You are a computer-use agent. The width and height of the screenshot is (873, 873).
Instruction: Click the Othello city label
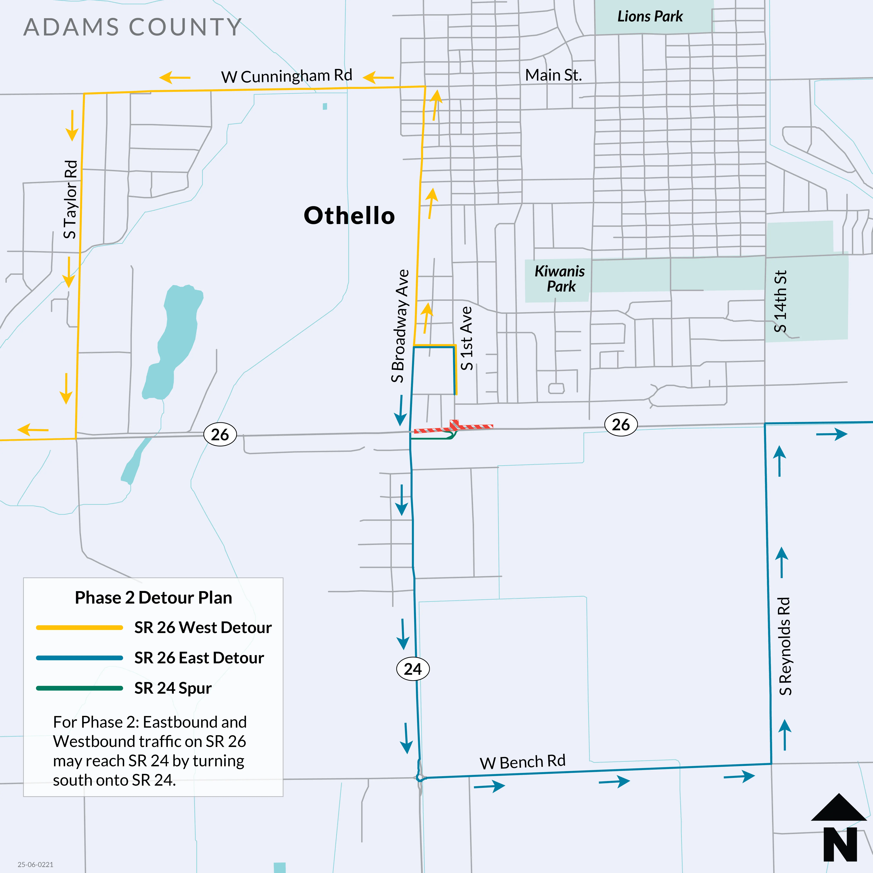point(349,215)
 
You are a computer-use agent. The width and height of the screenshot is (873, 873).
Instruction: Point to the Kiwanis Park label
point(560,279)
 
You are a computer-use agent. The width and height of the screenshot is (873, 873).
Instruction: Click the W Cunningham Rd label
point(287,76)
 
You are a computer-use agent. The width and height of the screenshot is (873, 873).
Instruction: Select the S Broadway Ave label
point(400,326)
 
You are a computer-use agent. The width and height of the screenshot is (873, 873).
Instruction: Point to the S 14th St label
point(780,301)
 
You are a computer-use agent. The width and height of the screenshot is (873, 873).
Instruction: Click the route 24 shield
point(413,669)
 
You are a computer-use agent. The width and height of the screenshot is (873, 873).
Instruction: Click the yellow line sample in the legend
point(79,628)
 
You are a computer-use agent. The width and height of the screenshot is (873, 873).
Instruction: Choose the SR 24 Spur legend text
point(173,688)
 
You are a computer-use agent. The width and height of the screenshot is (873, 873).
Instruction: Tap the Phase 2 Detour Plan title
point(153,598)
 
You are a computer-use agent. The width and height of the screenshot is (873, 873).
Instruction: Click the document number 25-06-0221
point(36,864)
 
